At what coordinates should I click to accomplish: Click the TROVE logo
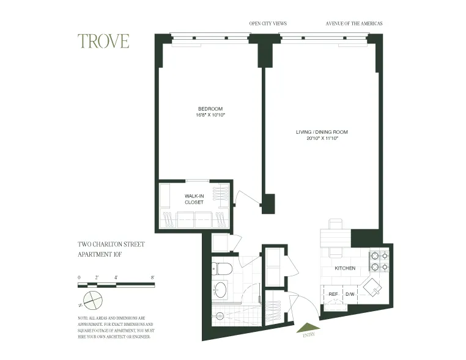tap(103, 41)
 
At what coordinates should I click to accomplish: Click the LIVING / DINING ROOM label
tap(322, 132)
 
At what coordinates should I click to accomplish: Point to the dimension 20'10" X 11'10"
tap(322, 139)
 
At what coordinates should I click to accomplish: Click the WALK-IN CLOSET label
tap(194, 199)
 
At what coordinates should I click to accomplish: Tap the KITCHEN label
tap(345, 268)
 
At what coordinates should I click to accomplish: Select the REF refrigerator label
tap(333, 294)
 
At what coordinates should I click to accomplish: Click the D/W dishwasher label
tap(350, 294)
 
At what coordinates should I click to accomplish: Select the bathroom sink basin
tap(220, 289)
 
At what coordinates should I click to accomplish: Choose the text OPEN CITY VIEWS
tap(268, 24)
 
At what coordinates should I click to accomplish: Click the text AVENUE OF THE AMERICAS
tap(355, 24)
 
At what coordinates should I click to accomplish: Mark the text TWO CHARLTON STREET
tap(111, 244)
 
